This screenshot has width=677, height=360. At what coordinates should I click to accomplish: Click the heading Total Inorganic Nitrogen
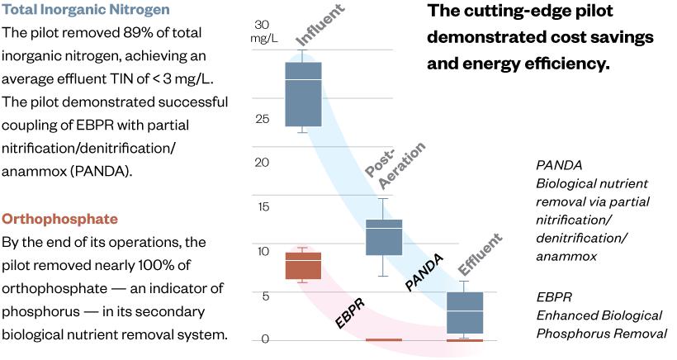pos(86,11)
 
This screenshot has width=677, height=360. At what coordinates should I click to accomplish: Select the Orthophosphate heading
pos(59,220)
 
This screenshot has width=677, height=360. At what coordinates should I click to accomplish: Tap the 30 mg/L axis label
pos(263,31)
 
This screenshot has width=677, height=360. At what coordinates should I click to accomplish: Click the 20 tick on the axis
pos(262,163)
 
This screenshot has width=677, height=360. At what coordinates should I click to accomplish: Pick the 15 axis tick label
pos(262,207)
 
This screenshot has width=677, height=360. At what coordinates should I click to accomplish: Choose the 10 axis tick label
pos(262,251)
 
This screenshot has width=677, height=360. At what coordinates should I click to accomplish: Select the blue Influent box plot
pos(303,93)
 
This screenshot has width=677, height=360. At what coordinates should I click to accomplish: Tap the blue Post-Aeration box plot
pos(383,237)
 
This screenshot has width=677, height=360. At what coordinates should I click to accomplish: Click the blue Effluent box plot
pos(464,312)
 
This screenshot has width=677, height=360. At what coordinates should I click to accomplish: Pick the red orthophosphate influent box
pos(303,266)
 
